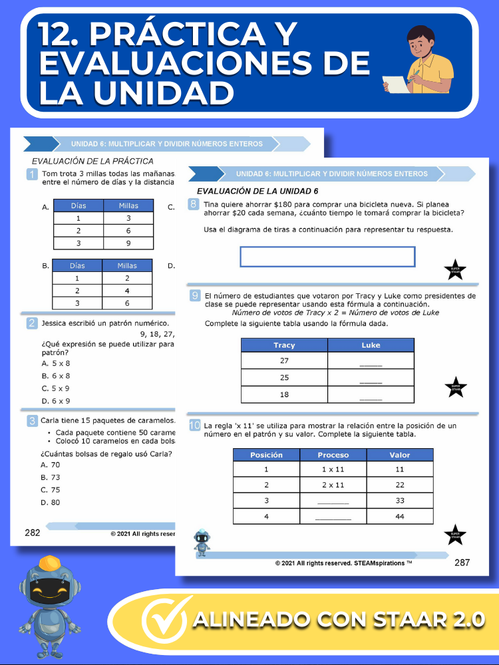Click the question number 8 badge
pyautogui.click(x=194, y=205)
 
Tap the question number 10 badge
pyautogui.click(x=194, y=426)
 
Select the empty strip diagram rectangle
pyautogui.click(x=327, y=257)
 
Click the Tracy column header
pyautogui.click(x=284, y=345)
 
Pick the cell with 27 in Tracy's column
pyautogui.click(x=284, y=361)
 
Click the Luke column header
pyautogui.click(x=371, y=345)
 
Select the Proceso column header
pyautogui.click(x=333, y=455)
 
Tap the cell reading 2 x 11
pyautogui.click(x=333, y=485)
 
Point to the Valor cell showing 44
pyautogui.click(x=399, y=516)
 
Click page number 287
pyautogui.click(x=462, y=563)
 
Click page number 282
pyautogui.click(x=33, y=532)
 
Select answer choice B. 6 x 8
pyautogui.click(x=56, y=376)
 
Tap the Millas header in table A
pyautogui.click(x=128, y=206)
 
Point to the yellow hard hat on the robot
pyautogui.click(x=51, y=563)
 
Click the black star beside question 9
pyautogui.click(x=455, y=387)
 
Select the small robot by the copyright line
pyautogui.click(x=202, y=542)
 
